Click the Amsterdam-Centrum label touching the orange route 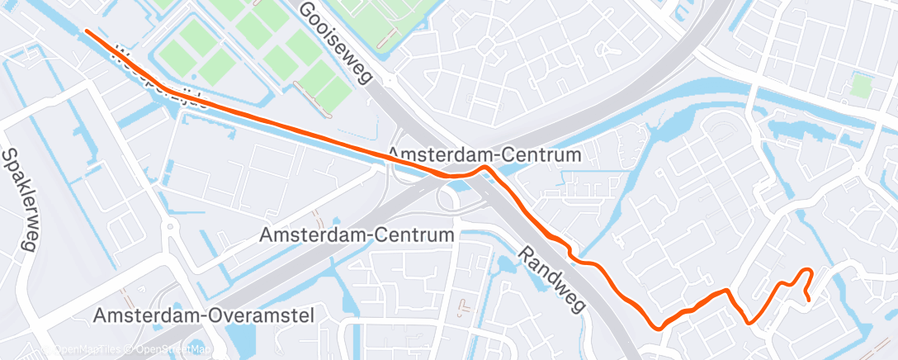[x=484, y=154]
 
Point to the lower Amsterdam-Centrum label [x=357, y=235]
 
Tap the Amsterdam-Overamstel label [x=206, y=315]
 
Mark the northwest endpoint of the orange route [x=87, y=31]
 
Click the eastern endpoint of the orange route [x=808, y=299]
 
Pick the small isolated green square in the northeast [x=862, y=86]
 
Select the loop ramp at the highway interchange [x=450, y=197]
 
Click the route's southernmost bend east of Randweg [x=659, y=327]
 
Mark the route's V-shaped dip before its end [x=748, y=321]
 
